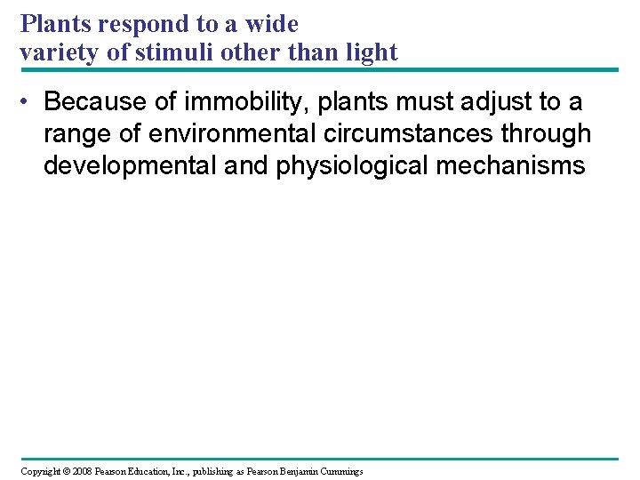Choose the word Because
click(96, 102)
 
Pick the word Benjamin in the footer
click(306, 470)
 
